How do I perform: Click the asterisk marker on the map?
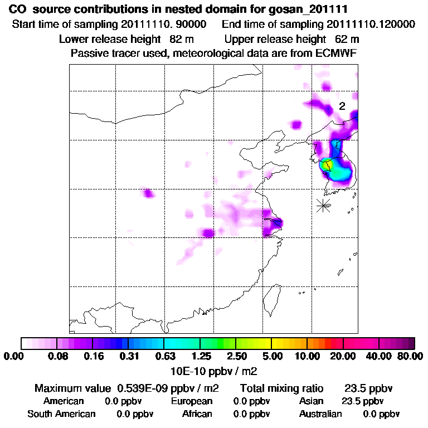click(323, 205)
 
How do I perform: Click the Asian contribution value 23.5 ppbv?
click(362, 401)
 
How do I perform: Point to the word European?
click(192, 401)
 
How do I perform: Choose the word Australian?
click(320, 414)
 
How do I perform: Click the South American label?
click(61, 414)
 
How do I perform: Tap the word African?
click(197, 414)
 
